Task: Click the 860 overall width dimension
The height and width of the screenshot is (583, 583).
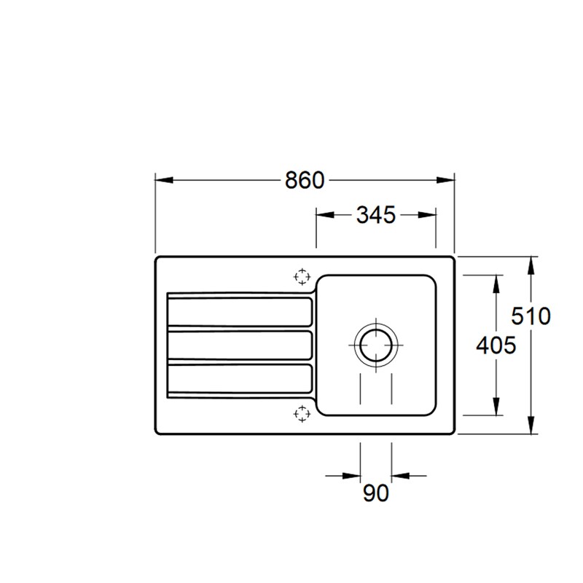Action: coord(305,180)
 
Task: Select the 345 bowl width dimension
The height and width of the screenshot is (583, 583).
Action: coord(375,215)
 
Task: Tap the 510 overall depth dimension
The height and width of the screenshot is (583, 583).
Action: coord(531,316)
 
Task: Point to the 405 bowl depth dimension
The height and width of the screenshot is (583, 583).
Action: coord(496,345)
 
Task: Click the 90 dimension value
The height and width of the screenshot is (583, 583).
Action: coord(375,493)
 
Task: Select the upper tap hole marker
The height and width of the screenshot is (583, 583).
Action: coord(302,277)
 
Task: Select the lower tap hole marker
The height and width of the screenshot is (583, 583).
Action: coord(302,413)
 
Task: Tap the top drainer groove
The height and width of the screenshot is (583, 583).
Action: coord(240,312)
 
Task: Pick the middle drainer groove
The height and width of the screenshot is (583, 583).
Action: coord(240,345)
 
